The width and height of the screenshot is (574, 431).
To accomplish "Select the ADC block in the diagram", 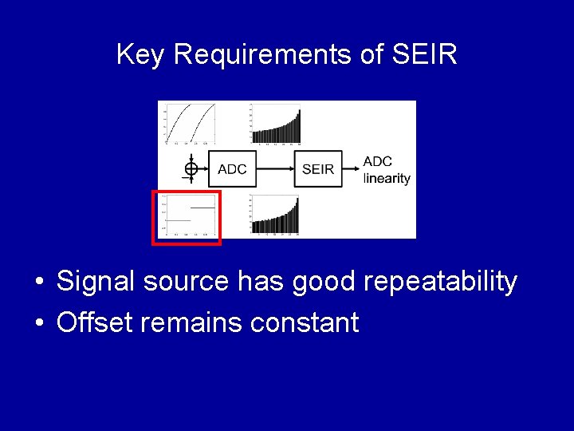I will pos(232,168).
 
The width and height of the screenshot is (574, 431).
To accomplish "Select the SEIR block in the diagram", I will pos(318,168).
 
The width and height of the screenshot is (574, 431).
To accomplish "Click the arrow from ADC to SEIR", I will pos(275,168).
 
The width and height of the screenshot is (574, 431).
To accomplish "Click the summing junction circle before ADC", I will pos(191,168).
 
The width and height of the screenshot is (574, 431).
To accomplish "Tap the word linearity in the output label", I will pos(387,178).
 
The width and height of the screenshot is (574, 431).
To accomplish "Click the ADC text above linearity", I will pos(378,161).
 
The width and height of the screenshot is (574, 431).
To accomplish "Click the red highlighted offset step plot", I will pos(187,216).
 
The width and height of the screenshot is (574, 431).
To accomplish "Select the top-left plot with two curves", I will pos(190,123).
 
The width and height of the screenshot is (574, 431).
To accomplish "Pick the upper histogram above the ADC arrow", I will pos(276,123).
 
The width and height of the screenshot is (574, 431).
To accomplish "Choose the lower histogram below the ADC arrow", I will pos(276,215).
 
